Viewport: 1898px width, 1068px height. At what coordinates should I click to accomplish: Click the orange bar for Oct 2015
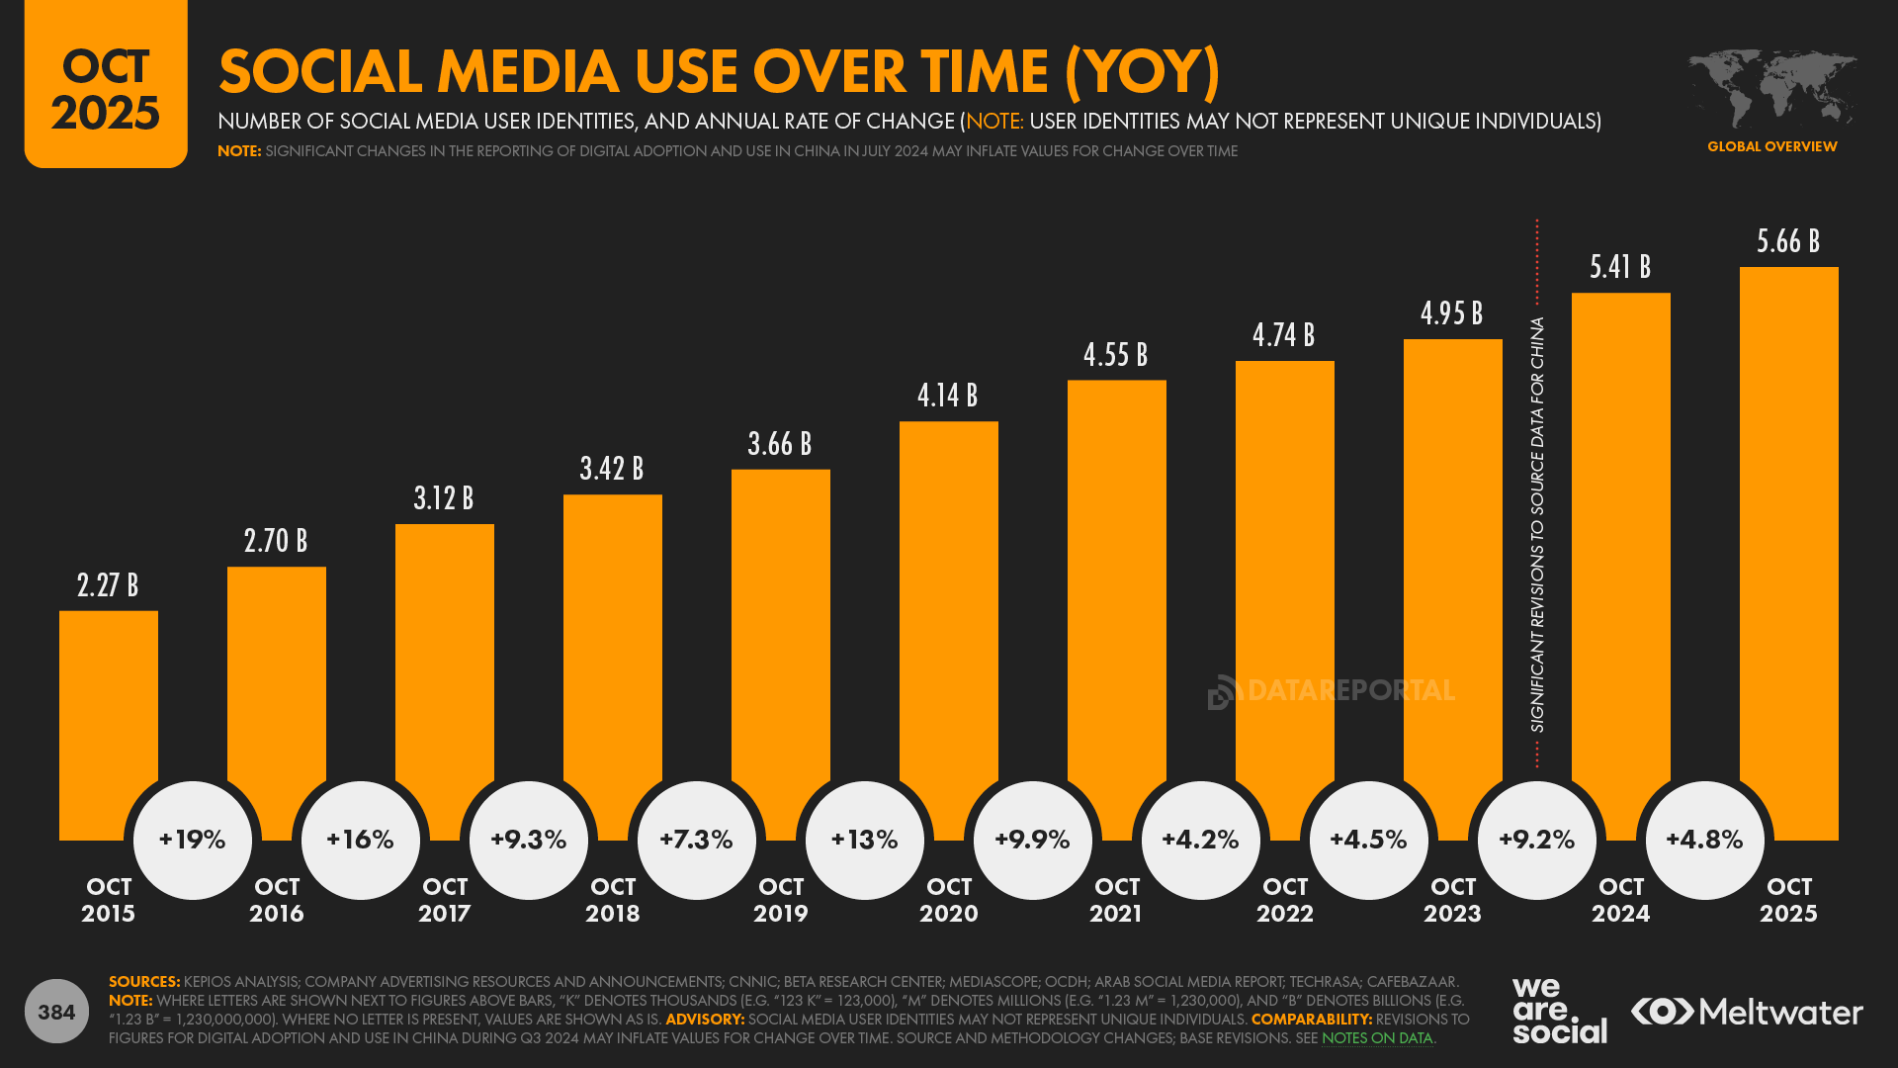[108, 712]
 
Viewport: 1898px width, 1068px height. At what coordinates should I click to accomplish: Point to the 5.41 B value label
[1620, 267]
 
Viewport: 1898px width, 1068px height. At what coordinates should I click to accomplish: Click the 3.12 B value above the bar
[444, 498]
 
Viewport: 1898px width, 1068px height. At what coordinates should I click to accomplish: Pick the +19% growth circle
[193, 840]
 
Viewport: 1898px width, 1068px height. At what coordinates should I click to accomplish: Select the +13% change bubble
[865, 840]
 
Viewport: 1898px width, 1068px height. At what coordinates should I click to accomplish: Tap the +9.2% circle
[1537, 840]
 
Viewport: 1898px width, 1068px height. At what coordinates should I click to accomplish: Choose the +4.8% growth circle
[1705, 840]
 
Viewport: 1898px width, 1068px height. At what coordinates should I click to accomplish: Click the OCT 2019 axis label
[781, 900]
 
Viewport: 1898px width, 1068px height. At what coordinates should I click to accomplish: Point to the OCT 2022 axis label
[1285, 900]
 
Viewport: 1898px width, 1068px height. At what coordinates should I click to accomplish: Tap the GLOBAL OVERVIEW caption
[1771, 146]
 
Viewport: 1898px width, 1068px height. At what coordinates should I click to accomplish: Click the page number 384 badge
[56, 1012]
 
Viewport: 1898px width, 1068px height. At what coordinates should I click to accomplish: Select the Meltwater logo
[1747, 1012]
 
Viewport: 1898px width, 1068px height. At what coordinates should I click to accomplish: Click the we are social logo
[1559, 1011]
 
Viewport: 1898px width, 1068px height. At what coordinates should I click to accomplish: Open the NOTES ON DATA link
[1377, 1038]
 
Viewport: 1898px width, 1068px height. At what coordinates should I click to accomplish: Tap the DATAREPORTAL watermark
[1332, 690]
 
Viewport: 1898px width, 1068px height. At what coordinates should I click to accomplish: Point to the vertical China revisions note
[1537, 524]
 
